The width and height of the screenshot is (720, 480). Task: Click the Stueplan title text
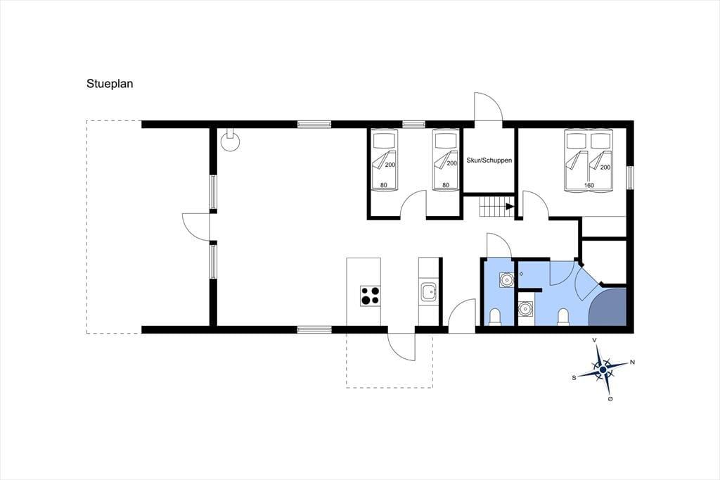(110, 84)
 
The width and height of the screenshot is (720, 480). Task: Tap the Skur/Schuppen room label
(489, 160)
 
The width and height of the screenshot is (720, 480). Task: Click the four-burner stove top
(371, 296)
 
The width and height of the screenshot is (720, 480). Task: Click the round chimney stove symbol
(230, 140)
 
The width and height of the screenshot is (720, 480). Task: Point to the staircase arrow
(510, 206)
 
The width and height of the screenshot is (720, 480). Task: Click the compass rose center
(603, 370)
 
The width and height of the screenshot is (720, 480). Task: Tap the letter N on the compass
(632, 362)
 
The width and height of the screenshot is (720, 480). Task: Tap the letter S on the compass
(574, 377)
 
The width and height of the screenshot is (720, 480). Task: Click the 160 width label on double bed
(589, 185)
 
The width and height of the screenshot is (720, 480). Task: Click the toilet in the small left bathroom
(495, 317)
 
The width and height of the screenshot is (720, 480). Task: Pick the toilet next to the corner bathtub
(563, 317)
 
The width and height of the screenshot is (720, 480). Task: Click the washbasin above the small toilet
(506, 279)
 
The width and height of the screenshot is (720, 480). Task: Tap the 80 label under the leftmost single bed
(383, 185)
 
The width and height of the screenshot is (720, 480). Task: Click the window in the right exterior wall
(630, 178)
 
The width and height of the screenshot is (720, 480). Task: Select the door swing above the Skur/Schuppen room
(489, 107)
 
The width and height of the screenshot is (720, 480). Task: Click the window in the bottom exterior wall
(314, 329)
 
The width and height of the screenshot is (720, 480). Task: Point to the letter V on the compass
(594, 340)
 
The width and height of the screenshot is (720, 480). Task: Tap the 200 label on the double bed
(605, 168)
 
